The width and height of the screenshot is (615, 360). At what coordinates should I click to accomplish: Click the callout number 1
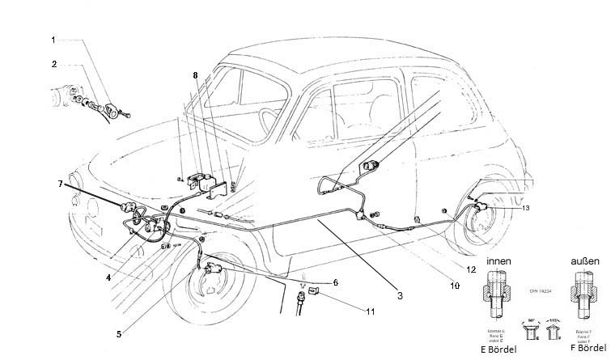(x=53, y=39)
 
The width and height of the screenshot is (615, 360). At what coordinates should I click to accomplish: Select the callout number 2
(x=53, y=63)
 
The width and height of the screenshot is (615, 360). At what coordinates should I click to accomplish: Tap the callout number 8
(x=195, y=74)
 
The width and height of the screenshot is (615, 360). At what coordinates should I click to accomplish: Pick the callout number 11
(x=371, y=311)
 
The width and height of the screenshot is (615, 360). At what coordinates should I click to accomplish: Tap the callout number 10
(x=456, y=285)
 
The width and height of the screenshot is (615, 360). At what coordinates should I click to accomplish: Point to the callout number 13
(x=526, y=208)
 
